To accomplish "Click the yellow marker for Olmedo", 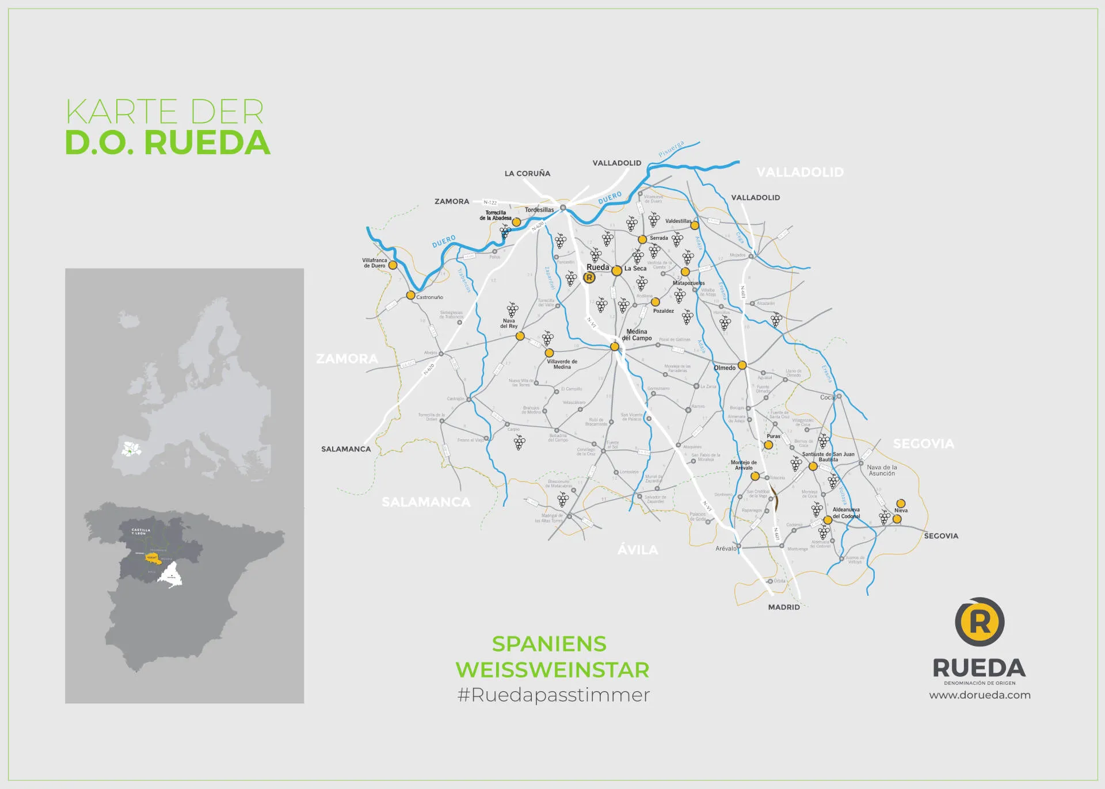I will tap(742, 365).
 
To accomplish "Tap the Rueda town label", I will tap(597, 267).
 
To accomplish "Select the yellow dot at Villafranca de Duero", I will tap(393, 265).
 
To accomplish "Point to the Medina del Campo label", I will tap(637, 335).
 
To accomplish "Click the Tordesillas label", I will tap(539, 210).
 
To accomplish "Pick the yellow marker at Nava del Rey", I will tap(520, 336).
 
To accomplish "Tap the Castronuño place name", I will tap(429, 297).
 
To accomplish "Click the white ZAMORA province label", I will tap(347, 359).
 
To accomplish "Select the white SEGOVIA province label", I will tap(923, 443).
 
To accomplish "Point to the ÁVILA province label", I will tap(637, 550).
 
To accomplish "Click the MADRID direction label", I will tap(783, 607).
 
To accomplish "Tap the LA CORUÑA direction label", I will tap(527, 174).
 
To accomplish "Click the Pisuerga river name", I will tap(671, 149).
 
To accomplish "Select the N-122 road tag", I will tap(490, 202).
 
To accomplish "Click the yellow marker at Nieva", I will tap(901, 503).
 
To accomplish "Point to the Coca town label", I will tap(827, 397).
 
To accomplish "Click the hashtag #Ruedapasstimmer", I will tap(553, 695).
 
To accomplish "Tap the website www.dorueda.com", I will tap(980, 695).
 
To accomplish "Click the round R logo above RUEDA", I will tap(980, 622).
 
